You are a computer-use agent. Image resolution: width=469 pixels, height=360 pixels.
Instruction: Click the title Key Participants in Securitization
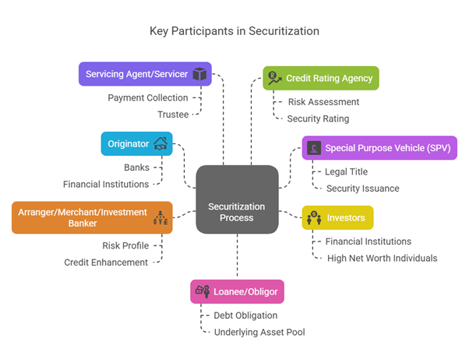tap(234, 32)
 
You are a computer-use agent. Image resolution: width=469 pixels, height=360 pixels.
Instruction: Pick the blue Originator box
tap(136, 143)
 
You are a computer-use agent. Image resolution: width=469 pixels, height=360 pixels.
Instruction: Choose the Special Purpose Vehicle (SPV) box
tap(368, 147)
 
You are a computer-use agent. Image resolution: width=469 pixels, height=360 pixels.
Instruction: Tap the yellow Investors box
tap(337, 217)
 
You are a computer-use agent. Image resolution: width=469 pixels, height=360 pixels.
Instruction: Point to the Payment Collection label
tap(147, 98)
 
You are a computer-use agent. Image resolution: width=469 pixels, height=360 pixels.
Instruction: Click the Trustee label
tap(172, 115)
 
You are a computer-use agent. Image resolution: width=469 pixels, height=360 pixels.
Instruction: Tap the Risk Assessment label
tap(323, 102)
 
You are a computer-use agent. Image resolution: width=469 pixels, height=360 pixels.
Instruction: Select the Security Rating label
tap(318, 118)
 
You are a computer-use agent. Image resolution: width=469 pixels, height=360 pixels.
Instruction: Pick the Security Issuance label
tap(362, 189)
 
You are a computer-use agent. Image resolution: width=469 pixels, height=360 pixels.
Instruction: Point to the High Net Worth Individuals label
tap(381, 258)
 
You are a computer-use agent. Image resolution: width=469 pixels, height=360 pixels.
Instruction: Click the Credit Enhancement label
tap(106, 263)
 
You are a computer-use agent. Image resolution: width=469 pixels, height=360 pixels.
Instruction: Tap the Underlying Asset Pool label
tap(259, 333)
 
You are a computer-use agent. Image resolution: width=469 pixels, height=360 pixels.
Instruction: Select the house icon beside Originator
tap(160, 143)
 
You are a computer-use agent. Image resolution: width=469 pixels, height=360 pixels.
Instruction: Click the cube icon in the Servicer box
tap(200, 74)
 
